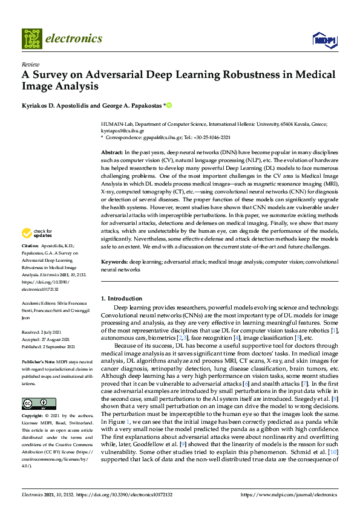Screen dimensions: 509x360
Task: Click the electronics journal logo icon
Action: (x=32, y=38)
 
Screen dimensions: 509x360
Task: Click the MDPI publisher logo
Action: (x=324, y=40)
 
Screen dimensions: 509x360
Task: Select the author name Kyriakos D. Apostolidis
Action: (x=60, y=105)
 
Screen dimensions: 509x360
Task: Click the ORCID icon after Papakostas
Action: (x=169, y=105)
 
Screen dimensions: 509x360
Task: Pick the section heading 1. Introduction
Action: (x=121, y=299)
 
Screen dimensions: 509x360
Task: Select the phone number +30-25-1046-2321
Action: (x=208, y=137)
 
